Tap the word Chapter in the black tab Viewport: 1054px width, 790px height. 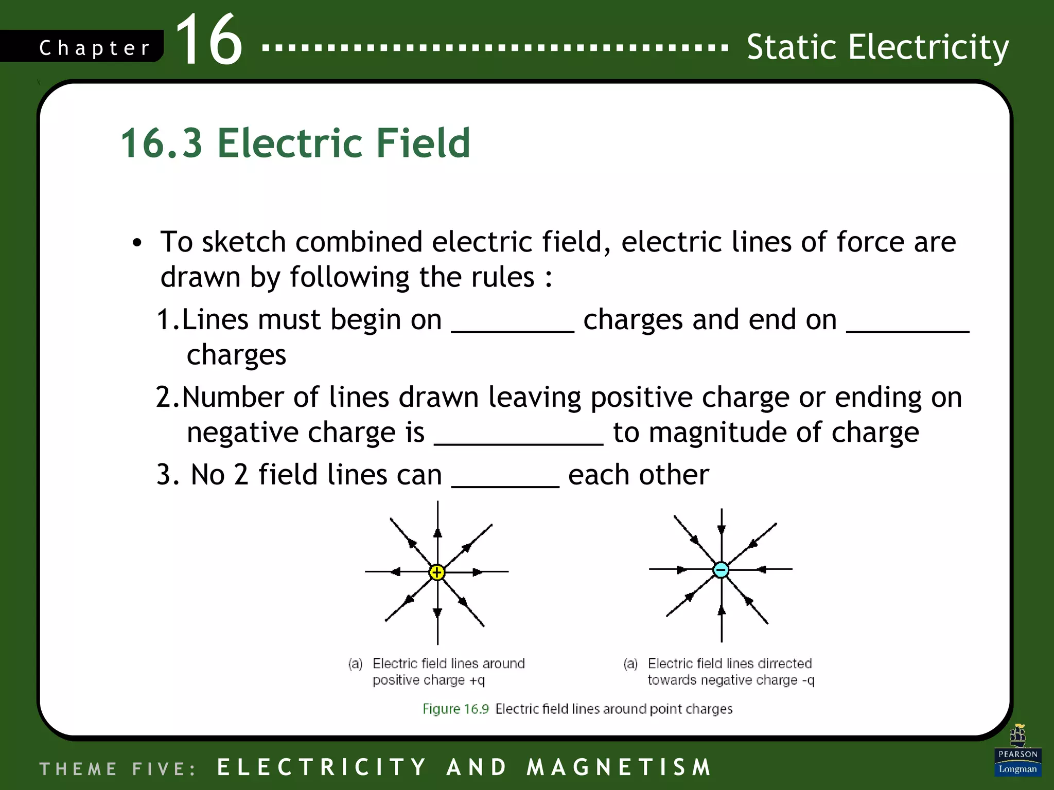95,48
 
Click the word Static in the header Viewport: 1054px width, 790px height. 792,47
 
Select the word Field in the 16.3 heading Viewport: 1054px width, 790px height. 423,142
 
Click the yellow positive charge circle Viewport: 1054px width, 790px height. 437,572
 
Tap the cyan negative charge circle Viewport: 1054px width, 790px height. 721,569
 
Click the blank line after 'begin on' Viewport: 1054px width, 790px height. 513,329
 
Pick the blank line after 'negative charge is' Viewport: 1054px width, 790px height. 518,441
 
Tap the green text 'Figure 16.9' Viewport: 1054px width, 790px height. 455,709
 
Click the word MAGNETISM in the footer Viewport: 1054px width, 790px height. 619,767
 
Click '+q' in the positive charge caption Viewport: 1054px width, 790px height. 477,680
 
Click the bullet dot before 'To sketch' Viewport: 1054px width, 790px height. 136,243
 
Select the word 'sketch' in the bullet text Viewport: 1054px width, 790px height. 243,242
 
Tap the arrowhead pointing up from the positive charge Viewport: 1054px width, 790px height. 437,532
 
